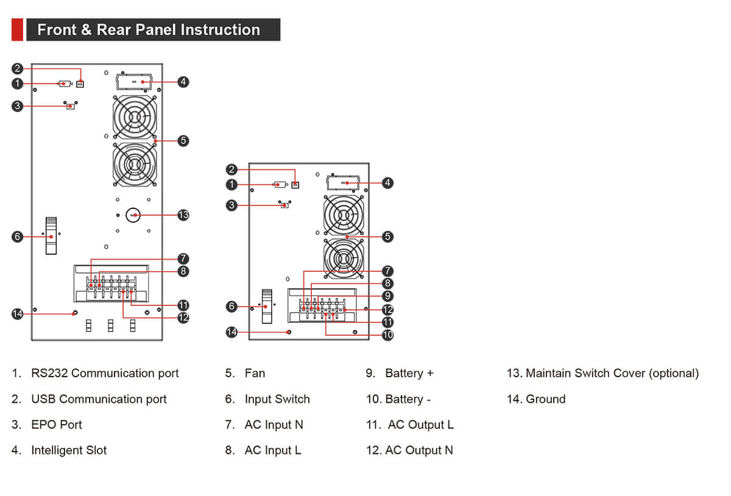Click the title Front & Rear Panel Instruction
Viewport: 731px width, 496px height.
[149, 30]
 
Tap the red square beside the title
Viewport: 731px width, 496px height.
[17, 30]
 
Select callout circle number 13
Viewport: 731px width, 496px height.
[183, 214]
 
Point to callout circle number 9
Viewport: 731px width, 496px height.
[387, 296]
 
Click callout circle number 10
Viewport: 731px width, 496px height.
[387, 335]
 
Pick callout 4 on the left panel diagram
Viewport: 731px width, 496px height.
[183, 81]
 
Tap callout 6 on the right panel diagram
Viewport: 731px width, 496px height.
[231, 306]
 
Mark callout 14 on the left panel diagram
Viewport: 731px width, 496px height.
[18, 314]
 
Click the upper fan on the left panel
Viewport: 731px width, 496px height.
[135, 118]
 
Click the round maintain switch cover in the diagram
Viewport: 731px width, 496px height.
[133, 214]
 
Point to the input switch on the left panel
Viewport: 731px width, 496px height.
[51, 236]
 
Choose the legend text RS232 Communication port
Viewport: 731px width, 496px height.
[105, 374]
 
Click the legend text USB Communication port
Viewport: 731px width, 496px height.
[99, 399]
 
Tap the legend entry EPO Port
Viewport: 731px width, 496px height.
[56, 425]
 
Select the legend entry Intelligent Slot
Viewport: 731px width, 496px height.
[69, 450]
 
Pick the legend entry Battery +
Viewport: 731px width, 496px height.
[409, 374]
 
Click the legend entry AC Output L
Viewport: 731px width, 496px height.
[420, 425]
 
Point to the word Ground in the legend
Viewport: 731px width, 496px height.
[545, 399]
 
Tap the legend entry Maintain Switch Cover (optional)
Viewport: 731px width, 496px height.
[612, 374]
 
